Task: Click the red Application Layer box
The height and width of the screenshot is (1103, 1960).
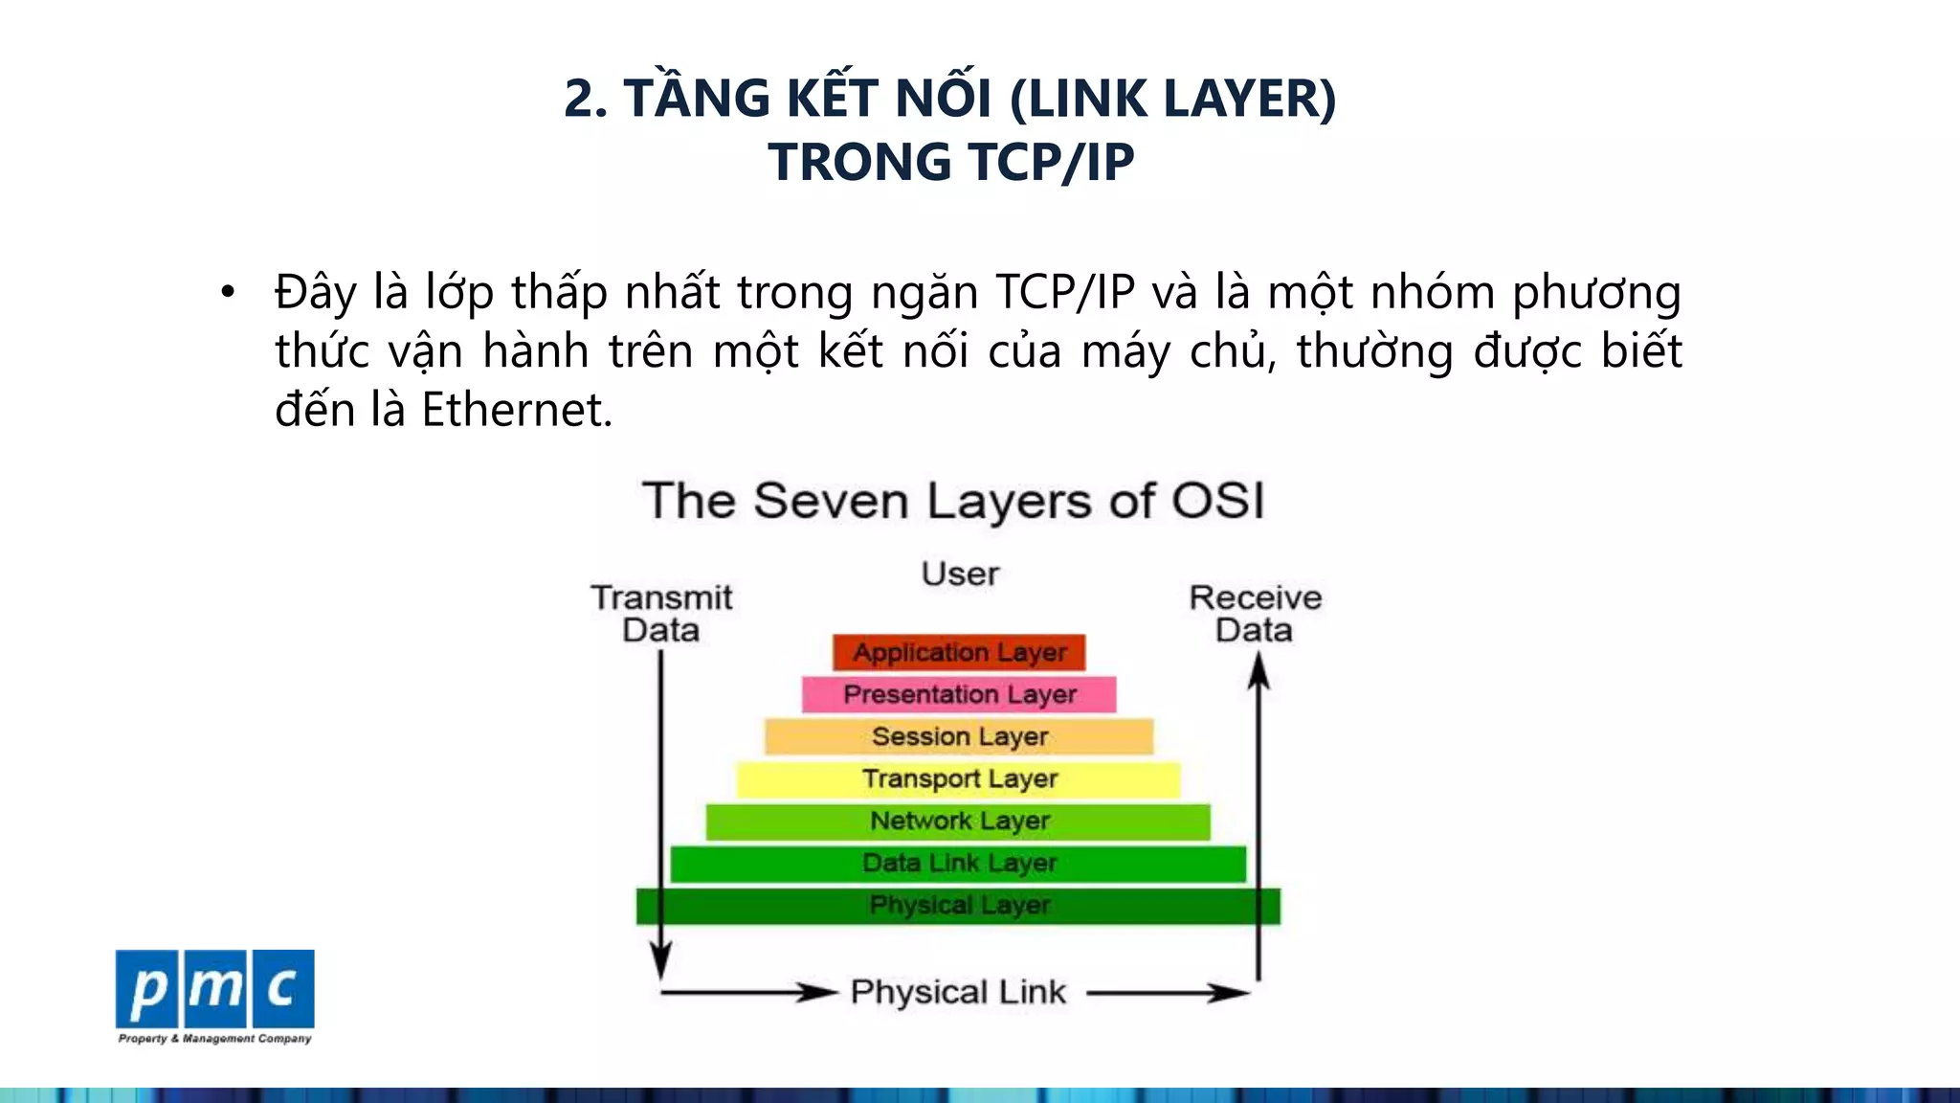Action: coord(959,652)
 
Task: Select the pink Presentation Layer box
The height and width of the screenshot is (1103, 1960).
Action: coord(959,694)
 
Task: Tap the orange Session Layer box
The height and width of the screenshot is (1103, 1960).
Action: coord(959,736)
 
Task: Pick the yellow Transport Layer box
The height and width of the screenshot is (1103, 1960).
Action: coord(959,778)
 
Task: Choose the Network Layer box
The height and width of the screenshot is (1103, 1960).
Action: coord(959,821)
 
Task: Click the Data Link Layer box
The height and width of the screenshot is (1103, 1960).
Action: coord(959,863)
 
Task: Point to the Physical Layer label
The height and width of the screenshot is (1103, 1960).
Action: coord(959,905)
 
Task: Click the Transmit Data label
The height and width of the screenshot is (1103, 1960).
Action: coord(661,613)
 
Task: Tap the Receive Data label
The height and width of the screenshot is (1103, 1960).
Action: coord(1255,613)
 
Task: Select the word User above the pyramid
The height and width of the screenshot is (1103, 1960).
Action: coord(960,574)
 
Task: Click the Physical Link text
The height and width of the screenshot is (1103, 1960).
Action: coord(958,992)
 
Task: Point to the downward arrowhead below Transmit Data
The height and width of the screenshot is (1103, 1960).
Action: coord(660,959)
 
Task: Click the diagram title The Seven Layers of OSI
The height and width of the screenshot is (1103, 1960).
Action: coord(953,501)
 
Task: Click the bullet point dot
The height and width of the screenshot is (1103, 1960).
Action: coord(227,292)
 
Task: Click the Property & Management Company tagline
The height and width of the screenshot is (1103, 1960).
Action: coord(214,1038)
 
